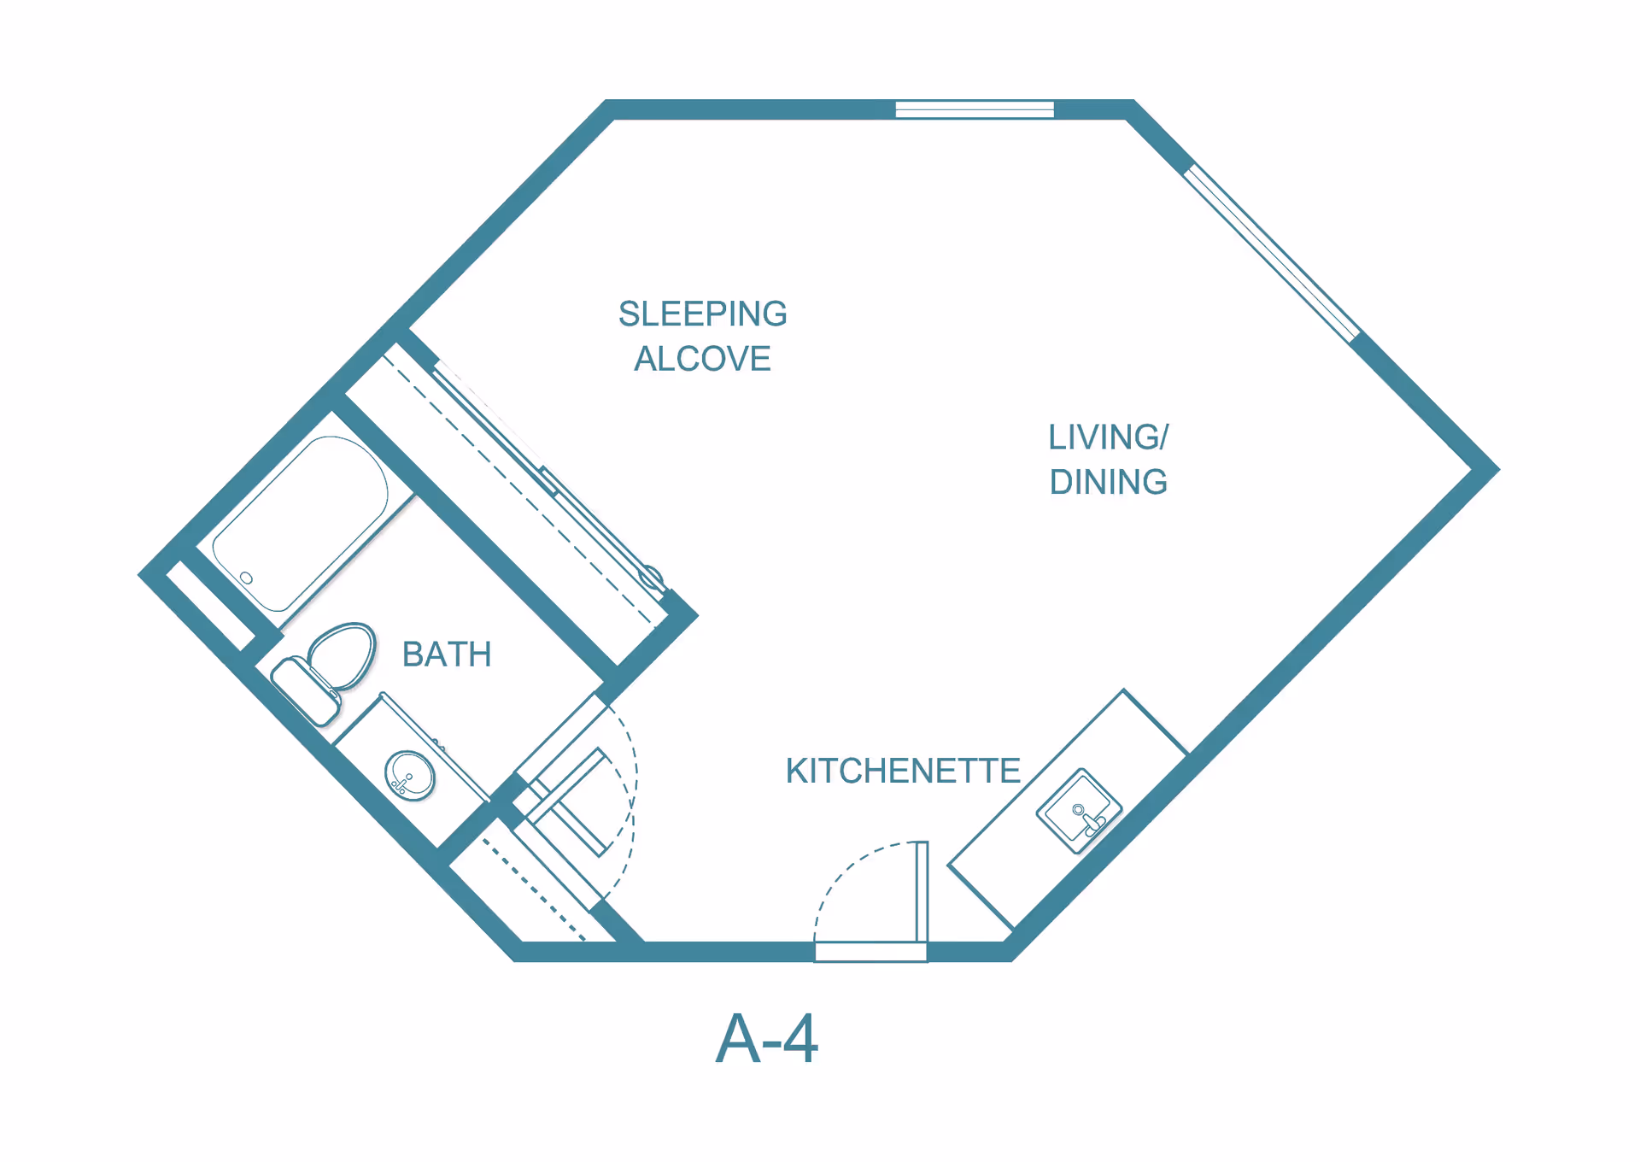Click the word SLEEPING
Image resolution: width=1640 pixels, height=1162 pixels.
tap(702, 314)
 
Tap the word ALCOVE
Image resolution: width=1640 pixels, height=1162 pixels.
tap(702, 359)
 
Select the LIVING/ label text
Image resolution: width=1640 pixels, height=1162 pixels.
tap(1108, 437)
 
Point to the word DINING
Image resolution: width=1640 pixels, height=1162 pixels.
tap(1108, 482)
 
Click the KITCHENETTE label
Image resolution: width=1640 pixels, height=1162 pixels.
tap(903, 771)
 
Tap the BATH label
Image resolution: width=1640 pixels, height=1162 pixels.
tap(447, 654)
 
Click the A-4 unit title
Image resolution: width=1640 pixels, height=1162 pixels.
tap(766, 1038)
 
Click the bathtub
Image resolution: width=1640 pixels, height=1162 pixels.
tap(301, 523)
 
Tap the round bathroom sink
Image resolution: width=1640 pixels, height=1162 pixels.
tap(410, 775)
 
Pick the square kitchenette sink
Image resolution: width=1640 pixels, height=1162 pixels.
tap(1079, 810)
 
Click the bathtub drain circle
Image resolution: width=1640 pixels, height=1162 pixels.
tap(246, 578)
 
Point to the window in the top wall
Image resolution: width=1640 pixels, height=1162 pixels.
tap(975, 109)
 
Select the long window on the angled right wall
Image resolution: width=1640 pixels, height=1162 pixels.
tap(1271, 254)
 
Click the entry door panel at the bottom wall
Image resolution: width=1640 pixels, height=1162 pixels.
tap(922, 892)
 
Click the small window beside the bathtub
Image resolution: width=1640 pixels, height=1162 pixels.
tap(210, 605)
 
